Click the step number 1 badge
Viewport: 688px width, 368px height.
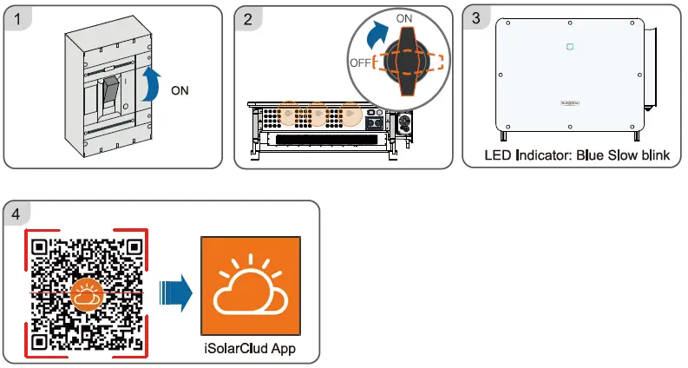tap(17, 19)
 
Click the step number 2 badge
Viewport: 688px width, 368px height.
tap(248, 19)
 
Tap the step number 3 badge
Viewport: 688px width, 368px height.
tap(476, 18)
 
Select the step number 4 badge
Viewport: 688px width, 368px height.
tap(16, 214)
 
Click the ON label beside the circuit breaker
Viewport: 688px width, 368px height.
tap(180, 91)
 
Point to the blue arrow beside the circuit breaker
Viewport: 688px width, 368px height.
tap(150, 84)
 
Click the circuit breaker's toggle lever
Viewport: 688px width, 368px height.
tap(112, 93)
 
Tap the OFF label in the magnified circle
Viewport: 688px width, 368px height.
tap(360, 62)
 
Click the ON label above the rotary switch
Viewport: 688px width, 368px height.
tap(404, 18)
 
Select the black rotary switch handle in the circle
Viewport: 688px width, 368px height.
tap(408, 61)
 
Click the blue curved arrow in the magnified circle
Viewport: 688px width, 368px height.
tap(377, 36)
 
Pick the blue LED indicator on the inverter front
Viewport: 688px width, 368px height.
tap(570, 47)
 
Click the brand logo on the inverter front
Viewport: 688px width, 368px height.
tap(570, 102)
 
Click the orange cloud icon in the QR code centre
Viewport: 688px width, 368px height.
tap(87, 295)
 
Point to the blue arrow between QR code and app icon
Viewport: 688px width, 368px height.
tap(176, 292)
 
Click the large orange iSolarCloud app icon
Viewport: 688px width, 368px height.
tap(251, 286)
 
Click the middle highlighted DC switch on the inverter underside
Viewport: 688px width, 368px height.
tap(318, 115)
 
